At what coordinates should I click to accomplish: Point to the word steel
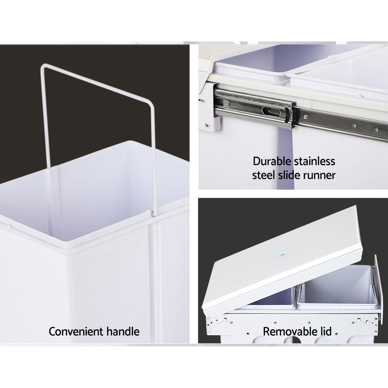click(x=264, y=175)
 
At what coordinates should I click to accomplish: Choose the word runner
click(x=319, y=175)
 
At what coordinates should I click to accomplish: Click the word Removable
click(x=288, y=332)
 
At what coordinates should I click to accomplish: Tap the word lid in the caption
click(x=325, y=332)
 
